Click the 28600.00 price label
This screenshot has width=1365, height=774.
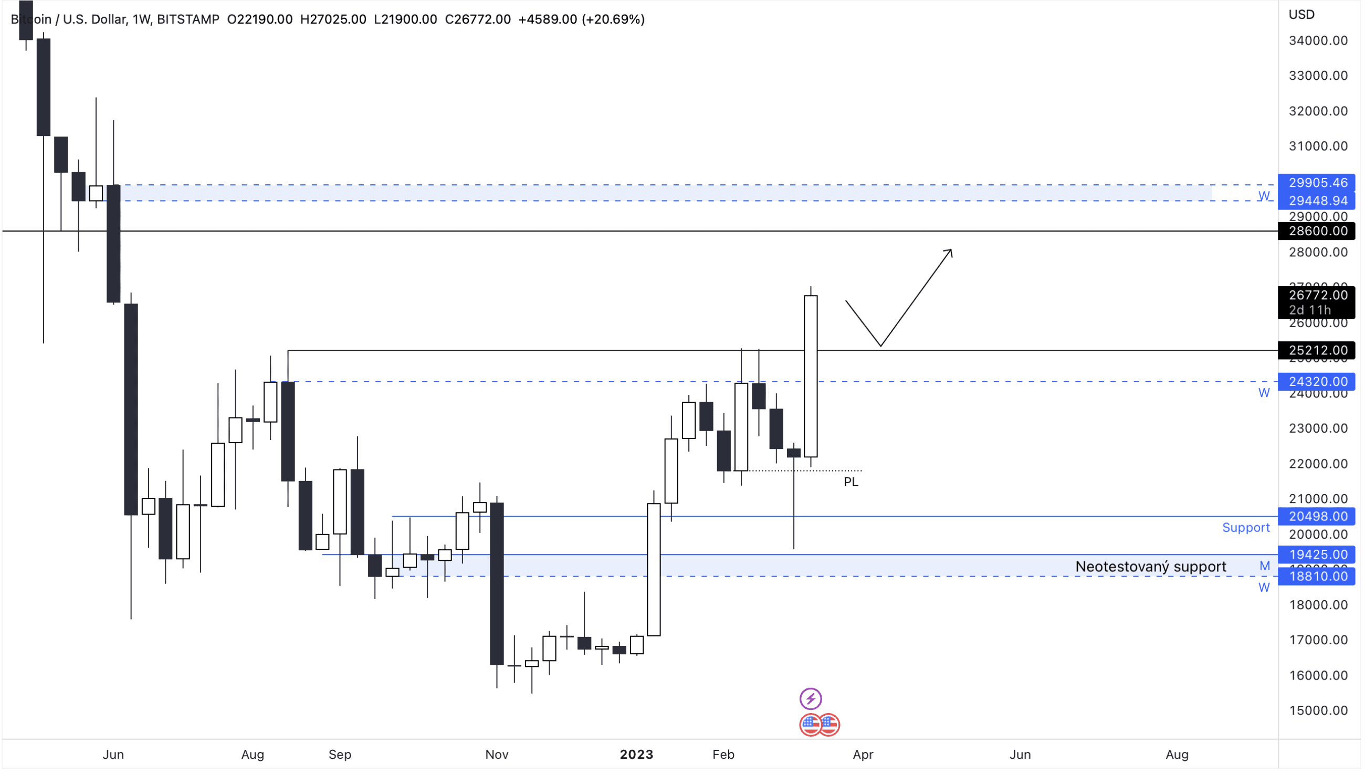coord(1318,231)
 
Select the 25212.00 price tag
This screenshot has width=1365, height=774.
coord(1318,351)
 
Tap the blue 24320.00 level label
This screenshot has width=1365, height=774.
coord(1318,382)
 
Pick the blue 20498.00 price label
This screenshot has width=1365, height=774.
coord(1318,517)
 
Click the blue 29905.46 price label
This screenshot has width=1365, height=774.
coord(1318,183)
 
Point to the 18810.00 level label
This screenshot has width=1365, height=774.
coord(1318,577)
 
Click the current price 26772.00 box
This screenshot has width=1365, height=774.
coord(1318,296)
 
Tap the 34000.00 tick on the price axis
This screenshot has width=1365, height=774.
coord(1318,40)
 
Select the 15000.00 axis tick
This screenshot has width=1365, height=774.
coord(1318,711)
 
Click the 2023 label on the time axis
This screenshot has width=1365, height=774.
coord(636,755)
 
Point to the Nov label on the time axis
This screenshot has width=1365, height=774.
coord(497,755)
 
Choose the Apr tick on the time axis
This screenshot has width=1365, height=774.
coord(863,755)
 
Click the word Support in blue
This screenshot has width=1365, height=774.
coord(1245,528)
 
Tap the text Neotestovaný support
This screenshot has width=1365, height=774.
coord(1150,567)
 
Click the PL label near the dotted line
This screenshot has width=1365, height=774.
coord(850,482)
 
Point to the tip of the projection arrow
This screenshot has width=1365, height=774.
coord(951,250)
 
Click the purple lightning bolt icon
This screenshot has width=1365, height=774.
coord(810,699)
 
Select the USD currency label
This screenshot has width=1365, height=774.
coord(1301,14)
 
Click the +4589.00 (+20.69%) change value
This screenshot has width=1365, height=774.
coord(581,19)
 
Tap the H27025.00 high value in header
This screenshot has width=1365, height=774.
coord(333,19)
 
